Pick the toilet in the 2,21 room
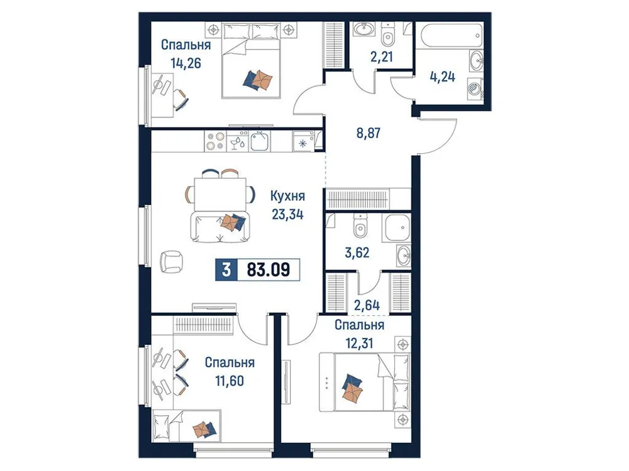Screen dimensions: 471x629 [x=388, y=34]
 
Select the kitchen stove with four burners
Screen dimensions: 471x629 [x=214, y=141]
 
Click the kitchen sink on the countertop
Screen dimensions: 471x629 [x=259, y=141]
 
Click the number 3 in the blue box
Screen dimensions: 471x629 [x=225, y=271]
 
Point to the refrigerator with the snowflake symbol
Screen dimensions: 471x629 [x=303, y=142]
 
